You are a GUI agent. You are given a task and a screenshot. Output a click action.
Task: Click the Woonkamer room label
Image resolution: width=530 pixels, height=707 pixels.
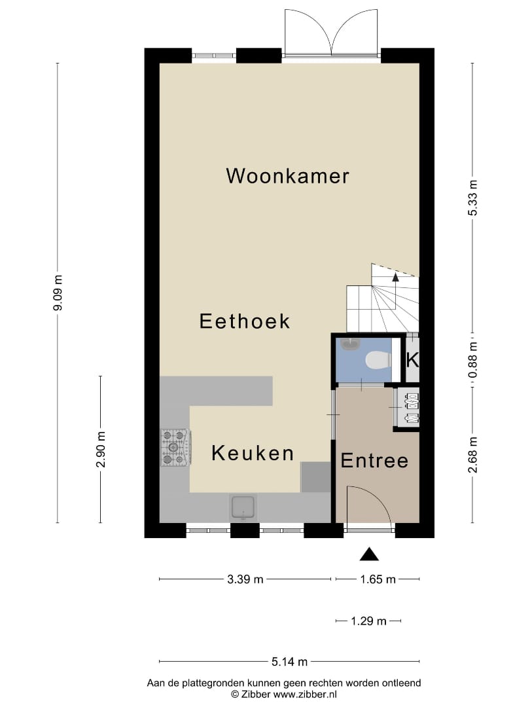click(x=287, y=176)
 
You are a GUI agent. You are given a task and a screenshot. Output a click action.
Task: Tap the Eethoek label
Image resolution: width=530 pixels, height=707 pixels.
click(x=244, y=321)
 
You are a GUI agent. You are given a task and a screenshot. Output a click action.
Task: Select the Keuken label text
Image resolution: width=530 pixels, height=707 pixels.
click(x=252, y=453)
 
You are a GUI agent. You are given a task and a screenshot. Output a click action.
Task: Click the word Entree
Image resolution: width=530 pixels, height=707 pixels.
click(x=374, y=461)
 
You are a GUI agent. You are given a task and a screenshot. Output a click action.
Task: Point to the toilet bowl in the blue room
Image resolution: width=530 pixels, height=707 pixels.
click(x=377, y=359)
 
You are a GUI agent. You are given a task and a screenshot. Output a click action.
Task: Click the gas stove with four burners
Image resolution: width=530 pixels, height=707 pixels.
click(x=175, y=447)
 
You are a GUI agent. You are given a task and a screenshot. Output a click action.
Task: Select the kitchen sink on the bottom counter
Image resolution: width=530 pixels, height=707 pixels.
click(x=243, y=506)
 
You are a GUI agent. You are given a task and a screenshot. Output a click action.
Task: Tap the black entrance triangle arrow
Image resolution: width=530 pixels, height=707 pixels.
click(x=370, y=554)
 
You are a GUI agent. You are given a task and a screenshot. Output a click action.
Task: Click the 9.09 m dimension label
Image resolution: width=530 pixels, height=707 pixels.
click(x=58, y=293)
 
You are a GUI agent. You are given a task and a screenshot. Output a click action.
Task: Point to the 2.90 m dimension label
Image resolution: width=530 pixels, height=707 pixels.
click(x=100, y=450)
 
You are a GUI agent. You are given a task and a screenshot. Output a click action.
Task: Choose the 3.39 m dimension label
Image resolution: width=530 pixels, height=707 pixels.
click(x=245, y=579)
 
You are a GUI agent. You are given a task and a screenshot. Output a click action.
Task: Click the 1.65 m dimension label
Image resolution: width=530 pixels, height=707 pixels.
click(x=377, y=579)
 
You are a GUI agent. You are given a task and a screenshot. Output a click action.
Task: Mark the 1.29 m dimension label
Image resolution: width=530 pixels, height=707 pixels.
click(x=368, y=621)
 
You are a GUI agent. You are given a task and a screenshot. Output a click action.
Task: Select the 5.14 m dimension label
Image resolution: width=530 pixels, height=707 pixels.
click(x=289, y=662)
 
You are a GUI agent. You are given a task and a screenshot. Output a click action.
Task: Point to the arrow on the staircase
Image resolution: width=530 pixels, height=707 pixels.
click(x=395, y=278)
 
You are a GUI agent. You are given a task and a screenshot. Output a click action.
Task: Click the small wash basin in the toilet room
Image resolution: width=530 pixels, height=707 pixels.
click(x=349, y=345)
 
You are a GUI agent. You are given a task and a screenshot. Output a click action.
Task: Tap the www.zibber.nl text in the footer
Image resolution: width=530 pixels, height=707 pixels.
click(x=306, y=693)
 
